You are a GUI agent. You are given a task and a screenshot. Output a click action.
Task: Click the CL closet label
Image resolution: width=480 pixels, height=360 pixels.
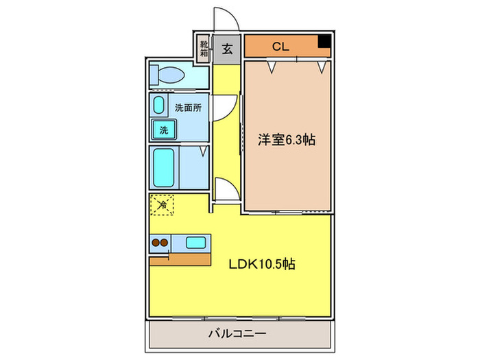(280, 47)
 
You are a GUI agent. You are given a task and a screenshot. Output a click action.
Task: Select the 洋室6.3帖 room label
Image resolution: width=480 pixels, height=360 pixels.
(287, 139)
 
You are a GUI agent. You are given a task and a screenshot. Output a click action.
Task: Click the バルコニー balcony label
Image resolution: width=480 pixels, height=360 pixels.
(237, 334)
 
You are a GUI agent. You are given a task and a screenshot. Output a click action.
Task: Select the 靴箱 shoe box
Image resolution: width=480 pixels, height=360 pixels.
(204, 49)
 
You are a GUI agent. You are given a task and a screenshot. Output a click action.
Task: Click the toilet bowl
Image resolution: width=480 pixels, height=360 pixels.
(168, 74)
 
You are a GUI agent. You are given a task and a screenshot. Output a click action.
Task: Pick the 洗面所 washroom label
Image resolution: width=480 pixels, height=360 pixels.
(188, 108)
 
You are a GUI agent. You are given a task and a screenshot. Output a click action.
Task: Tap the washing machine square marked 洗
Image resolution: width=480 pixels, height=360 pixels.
(165, 128)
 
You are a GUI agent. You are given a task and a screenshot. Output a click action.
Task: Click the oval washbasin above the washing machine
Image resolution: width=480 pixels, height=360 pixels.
(160, 106)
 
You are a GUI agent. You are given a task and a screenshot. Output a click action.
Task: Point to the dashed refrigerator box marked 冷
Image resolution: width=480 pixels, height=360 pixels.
(163, 204)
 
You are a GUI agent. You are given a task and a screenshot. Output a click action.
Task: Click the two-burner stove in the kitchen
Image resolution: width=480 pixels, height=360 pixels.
(160, 242)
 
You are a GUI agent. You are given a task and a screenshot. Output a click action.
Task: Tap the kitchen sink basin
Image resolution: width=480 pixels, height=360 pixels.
(195, 242)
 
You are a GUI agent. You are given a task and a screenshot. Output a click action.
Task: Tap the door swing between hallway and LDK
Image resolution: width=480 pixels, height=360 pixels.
(225, 189)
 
